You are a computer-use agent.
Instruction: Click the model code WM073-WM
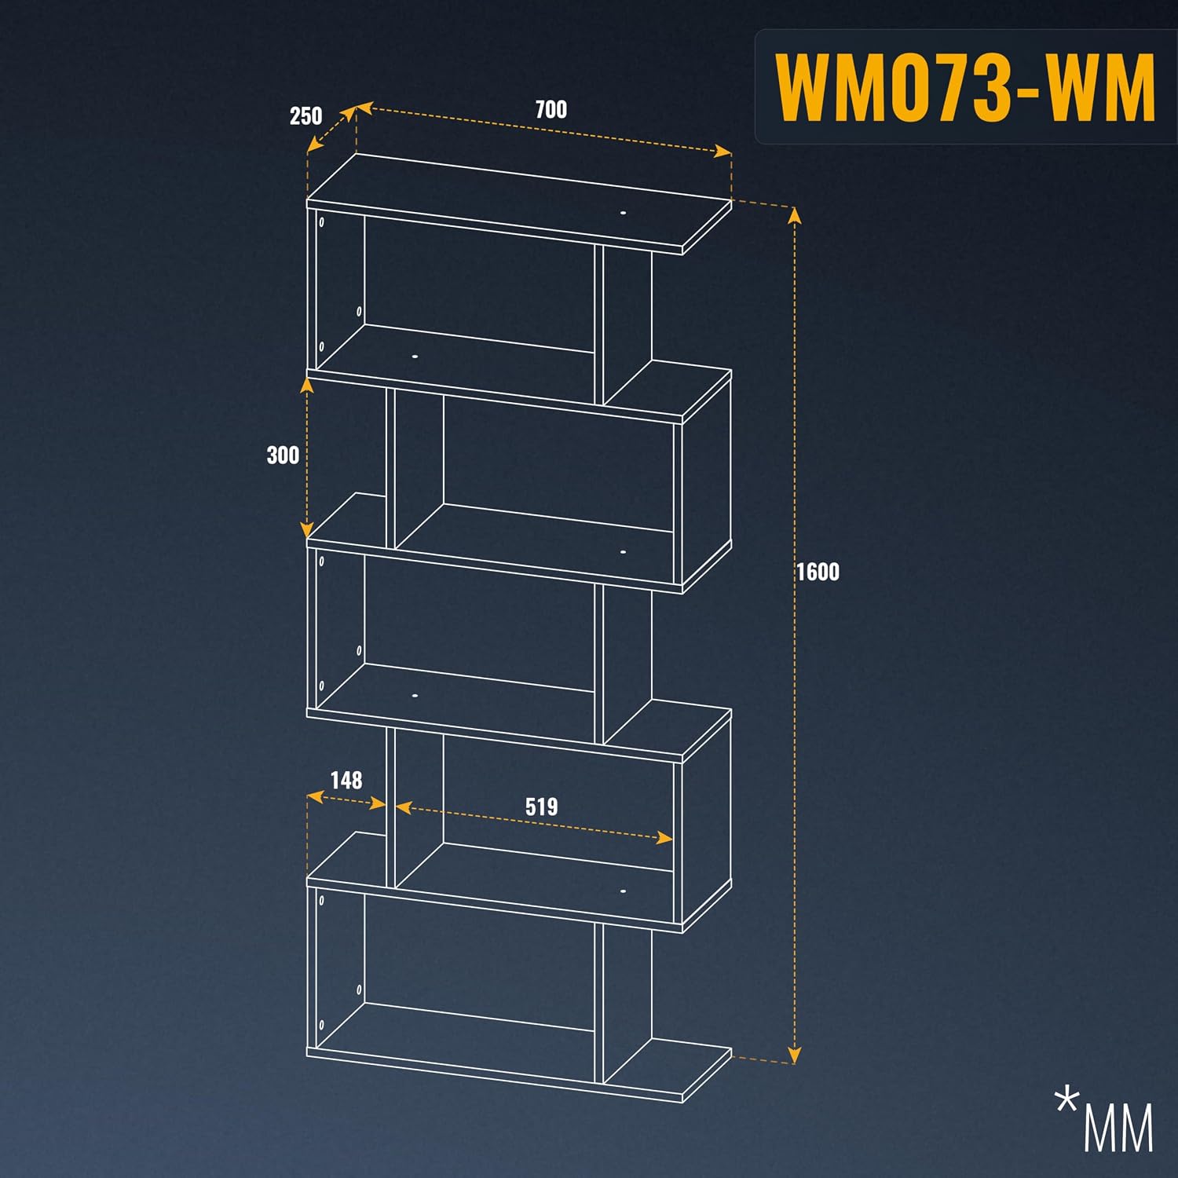click(965, 87)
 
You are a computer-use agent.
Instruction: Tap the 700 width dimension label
click(551, 110)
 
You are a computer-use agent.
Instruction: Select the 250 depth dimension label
click(305, 116)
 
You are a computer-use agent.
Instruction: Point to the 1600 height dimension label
click(818, 572)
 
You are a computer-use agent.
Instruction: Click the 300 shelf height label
click(283, 455)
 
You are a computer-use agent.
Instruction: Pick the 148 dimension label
click(346, 780)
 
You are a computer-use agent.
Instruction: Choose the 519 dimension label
click(542, 807)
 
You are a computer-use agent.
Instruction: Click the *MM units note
click(1104, 1119)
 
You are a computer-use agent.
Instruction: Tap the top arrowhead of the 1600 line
click(795, 214)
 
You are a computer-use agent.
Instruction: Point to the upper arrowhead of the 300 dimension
click(307, 384)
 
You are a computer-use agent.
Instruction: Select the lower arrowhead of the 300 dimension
click(307, 529)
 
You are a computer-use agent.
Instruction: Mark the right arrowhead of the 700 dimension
click(723, 151)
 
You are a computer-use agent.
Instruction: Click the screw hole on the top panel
click(623, 212)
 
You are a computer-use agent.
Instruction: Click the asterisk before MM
click(1067, 1100)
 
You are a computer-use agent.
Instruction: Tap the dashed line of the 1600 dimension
click(795, 635)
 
